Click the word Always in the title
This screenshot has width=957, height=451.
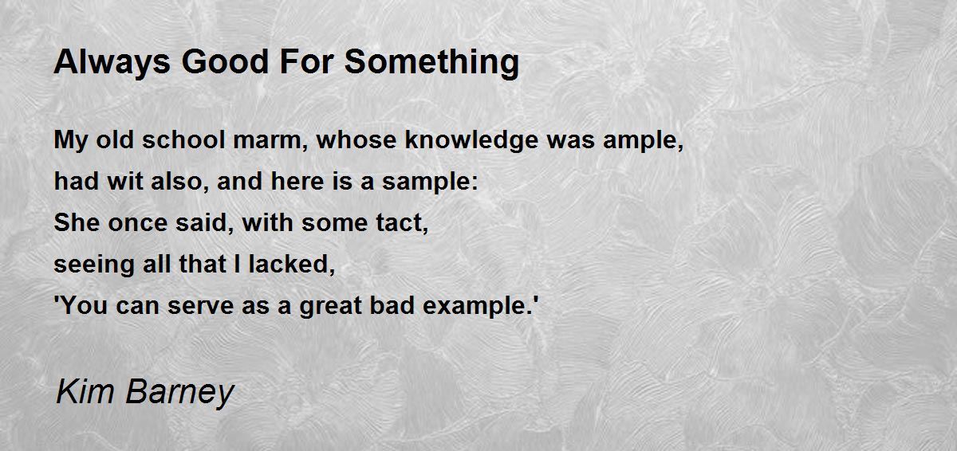(x=112, y=63)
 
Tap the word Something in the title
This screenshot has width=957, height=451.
(x=431, y=63)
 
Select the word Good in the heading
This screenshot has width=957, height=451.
(x=225, y=62)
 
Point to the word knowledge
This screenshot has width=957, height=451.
(x=471, y=141)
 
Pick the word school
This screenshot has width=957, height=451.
(x=183, y=140)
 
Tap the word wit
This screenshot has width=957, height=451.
(x=124, y=182)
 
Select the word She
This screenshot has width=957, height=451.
(x=77, y=223)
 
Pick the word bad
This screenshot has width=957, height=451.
(x=392, y=305)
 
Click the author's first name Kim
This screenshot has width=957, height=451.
(x=85, y=391)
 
